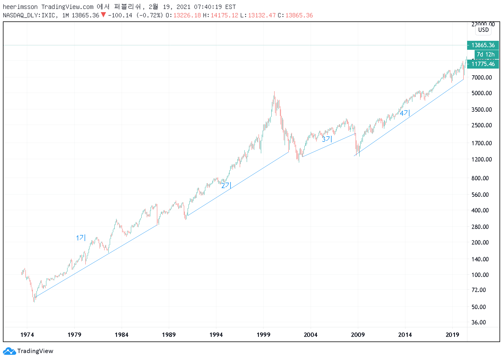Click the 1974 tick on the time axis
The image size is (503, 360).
coord(27,335)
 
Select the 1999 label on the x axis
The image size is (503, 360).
coord(263,335)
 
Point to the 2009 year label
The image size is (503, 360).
coord(358,335)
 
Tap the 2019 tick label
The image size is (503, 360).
coord(452,335)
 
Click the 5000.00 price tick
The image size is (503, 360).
coord(481,93)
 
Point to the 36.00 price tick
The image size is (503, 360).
coord(478,322)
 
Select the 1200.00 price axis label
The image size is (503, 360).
coord(481,159)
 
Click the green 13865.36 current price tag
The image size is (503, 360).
coord(483,45)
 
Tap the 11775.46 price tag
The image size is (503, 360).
coord(483,64)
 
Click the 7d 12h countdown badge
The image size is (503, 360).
coord(486,54)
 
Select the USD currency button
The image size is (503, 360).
coord(483,30)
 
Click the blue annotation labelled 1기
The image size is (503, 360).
coord(81,238)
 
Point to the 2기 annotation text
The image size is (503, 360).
coord(226,185)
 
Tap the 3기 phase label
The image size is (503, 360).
coord(327,139)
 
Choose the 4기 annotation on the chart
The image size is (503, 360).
coord(405,113)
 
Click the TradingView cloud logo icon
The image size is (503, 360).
coord(9,351)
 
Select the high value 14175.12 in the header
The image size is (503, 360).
coord(224,15)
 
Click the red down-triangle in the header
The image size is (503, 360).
coord(103,15)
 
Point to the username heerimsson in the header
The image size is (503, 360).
coord(20,7)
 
